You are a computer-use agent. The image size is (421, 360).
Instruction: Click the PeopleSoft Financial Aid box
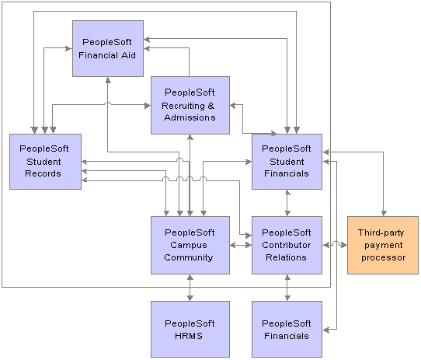point(108,49)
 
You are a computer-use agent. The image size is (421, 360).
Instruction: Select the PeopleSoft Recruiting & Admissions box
point(190,106)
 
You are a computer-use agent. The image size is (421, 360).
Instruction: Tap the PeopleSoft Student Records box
point(45,162)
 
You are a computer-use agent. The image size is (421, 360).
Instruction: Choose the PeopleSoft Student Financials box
point(287,162)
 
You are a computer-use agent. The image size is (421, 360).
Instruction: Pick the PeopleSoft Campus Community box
point(190,245)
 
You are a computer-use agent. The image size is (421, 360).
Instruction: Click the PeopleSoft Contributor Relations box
point(287,245)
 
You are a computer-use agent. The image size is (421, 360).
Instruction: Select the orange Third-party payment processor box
point(383,245)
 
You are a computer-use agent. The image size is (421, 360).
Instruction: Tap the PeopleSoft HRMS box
point(190,329)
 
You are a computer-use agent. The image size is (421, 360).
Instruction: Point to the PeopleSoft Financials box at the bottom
point(287,329)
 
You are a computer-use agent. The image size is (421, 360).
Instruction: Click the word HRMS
point(189,336)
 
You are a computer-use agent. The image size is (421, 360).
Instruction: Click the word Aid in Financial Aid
point(129,55)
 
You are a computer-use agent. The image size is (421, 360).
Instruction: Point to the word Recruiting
point(183,107)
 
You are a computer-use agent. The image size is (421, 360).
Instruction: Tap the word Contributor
point(286,245)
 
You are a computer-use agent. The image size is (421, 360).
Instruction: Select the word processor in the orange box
point(383,258)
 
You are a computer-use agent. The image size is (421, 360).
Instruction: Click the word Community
point(189,258)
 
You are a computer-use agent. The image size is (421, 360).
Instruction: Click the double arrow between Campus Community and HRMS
point(190,288)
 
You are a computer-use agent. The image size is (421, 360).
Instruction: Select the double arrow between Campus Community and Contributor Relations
point(241,245)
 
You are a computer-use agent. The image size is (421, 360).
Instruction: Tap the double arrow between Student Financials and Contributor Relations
point(287,203)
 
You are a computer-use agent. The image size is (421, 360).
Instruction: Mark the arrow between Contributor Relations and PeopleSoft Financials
point(287,288)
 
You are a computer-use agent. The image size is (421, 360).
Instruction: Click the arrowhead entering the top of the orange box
point(384,214)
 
